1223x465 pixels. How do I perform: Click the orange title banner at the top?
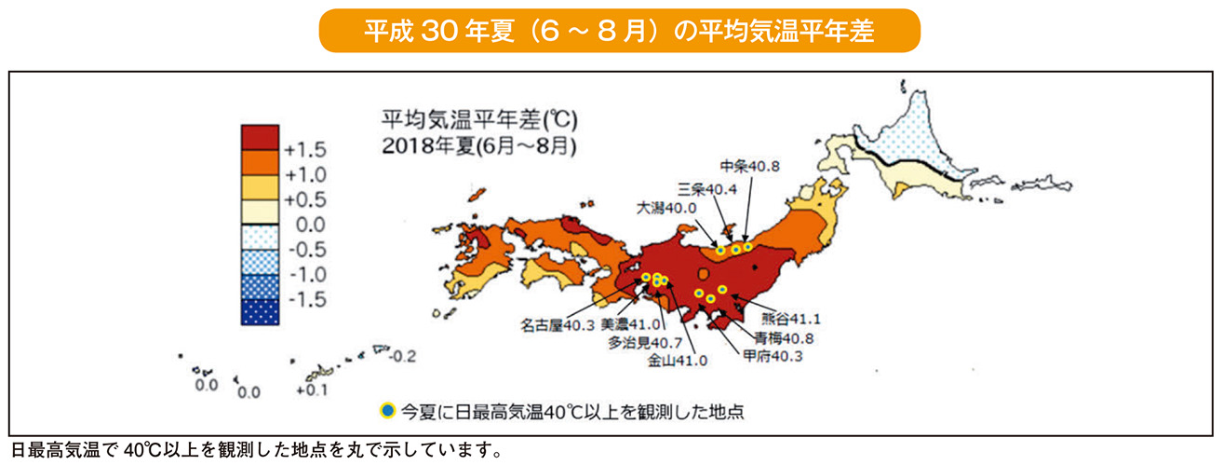coord(619,31)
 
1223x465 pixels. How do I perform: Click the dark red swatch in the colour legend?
coord(260,137)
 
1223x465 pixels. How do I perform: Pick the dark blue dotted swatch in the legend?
coord(260,312)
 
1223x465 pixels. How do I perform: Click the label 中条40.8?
coord(750,166)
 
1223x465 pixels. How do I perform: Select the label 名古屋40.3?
coord(558,325)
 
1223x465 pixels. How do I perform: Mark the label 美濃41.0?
coord(630,324)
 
